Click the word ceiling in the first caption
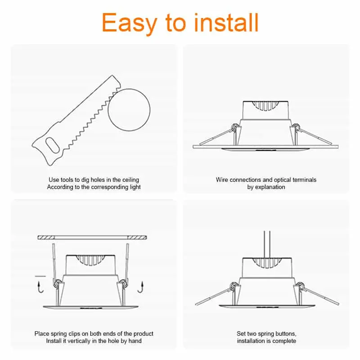pos(129,180)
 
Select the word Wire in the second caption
pos(222,180)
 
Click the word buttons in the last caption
pos(286,333)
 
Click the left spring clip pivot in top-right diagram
pos(234,128)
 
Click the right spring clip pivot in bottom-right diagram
pos(298,285)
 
